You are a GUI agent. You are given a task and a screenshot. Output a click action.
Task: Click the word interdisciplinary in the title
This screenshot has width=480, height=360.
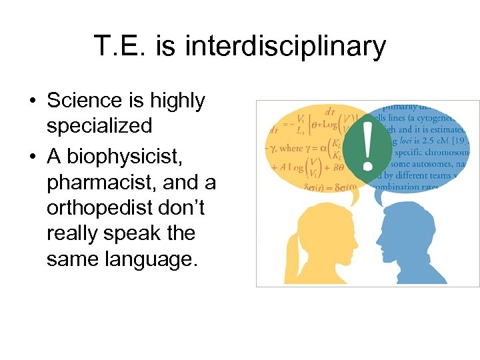285,47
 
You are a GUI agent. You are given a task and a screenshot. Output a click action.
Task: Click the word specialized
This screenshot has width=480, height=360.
99,125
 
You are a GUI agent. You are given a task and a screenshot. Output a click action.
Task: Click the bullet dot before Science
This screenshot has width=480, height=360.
32,101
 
